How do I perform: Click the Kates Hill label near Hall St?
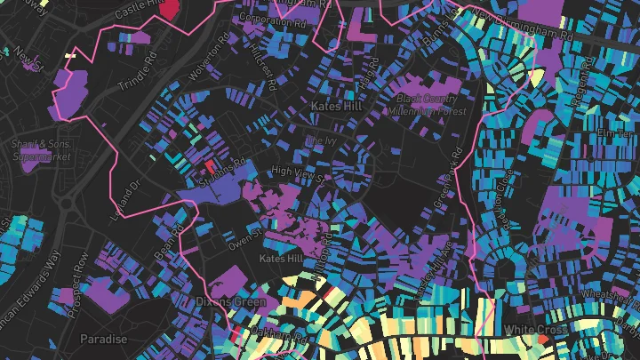[337, 106]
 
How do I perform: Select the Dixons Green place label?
[230, 302]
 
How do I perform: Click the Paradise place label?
[103, 340]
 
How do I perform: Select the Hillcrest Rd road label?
[265, 56]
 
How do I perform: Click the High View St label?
[300, 172]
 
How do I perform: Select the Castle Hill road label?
[139, 9]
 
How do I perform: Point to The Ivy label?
[317, 141]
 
